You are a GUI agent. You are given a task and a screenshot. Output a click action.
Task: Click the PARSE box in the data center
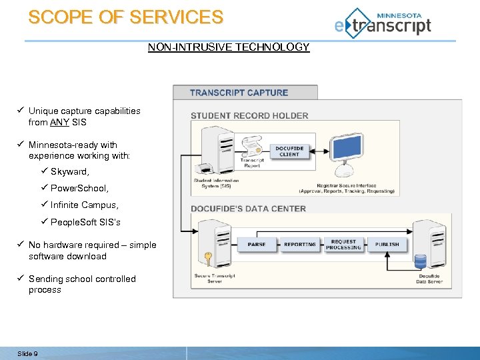[x=257, y=245]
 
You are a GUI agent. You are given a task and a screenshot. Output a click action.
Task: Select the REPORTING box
[x=300, y=245]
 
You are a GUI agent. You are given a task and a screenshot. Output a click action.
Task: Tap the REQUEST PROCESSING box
[x=343, y=245]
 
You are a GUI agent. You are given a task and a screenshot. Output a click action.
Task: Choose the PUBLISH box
[x=387, y=245]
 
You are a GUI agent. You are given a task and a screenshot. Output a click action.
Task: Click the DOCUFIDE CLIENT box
[x=289, y=151]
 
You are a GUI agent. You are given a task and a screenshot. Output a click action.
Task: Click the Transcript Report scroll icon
[x=252, y=147]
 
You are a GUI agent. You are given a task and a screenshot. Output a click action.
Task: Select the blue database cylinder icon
[x=420, y=261]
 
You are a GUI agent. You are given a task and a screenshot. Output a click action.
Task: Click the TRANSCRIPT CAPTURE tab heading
[x=239, y=93]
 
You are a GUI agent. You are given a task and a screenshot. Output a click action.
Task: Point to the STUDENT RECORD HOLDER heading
[x=249, y=115]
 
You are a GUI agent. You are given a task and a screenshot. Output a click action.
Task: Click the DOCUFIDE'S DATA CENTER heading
[x=248, y=209]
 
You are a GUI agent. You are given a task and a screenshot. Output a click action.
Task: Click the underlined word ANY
[x=59, y=123]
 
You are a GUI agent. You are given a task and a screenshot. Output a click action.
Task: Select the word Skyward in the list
[x=69, y=171]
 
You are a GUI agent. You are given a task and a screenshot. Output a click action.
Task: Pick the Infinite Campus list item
[x=84, y=205]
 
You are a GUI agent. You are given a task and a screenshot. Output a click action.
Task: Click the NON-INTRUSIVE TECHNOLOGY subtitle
[x=229, y=47]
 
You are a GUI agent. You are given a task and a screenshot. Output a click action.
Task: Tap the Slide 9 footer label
[x=27, y=353]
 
